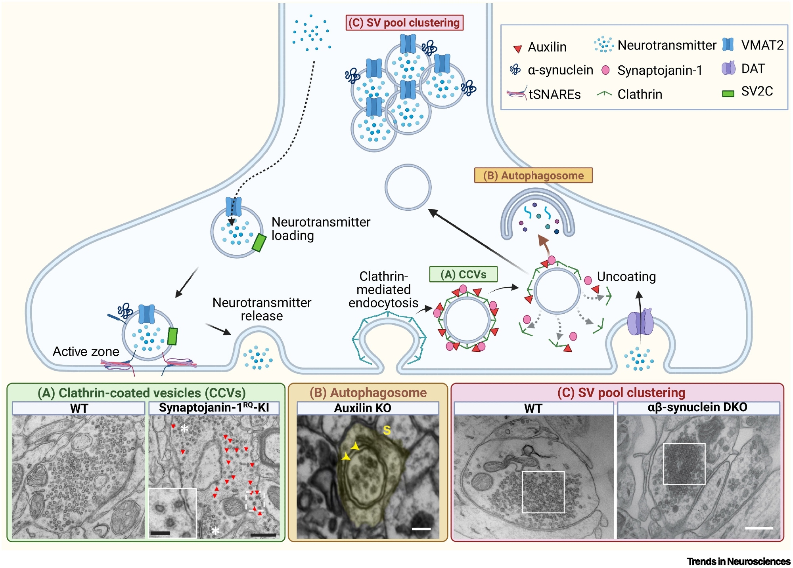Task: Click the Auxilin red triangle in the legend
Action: pyautogui.click(x=517, y=49)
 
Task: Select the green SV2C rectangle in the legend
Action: pyautogui.click(x=728, y=94)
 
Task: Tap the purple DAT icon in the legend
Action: pyautogui.click(x=728, y=68)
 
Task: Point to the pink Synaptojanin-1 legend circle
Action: pyautogui.click(x=605, y=70)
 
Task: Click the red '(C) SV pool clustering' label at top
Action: pyautogui.click(x=404, y=23)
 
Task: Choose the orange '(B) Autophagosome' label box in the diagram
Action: pyautogui.click(x=533, y=175)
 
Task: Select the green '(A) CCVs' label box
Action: pyautogui.click(x=463, y=274)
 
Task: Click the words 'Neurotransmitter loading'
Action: pyautogui.click(x=320, y=229)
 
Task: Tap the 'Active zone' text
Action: pyautogui.click(x=86, y=351)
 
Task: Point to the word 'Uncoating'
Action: pyautogui.click(x=626, y=276)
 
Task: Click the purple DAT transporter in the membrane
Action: pyautogui.click(x=640, y=322)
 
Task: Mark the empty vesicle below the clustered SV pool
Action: pyautogui.click(x=408, y=187)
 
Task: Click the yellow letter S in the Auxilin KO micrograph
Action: pyautogui.click(x=387, y=430)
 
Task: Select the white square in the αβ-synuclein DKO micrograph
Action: pyautogui.click(x=684, y=464)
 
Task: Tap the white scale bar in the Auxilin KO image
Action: pyautogui.click(x=421, y=528)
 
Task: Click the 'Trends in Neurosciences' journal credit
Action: pyautogui.click(x=739, y=561)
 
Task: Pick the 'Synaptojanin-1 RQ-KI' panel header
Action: pyautogui.click(x=214, y=408)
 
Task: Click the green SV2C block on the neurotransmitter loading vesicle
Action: pyautogui.click(x=259, y=243)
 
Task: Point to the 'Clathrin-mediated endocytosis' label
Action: pyautogui.click(x=383, y=290)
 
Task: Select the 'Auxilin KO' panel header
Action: pyautogui.click(x=362, y=408)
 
